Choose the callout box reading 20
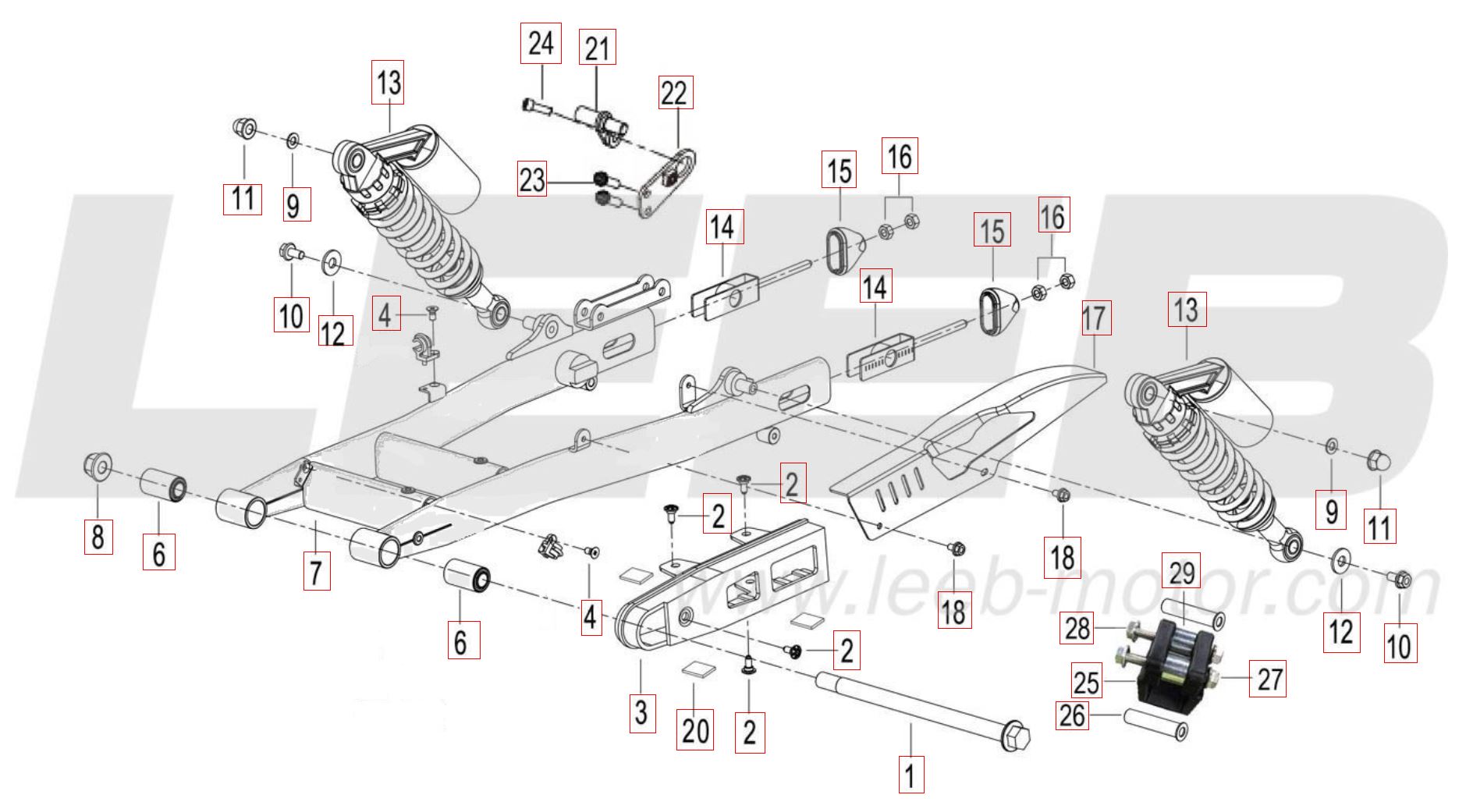pos(695,730)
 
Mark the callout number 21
pos(597,48)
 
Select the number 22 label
pos(674,94)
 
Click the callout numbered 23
pos(532,180)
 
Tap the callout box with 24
pos(541,44)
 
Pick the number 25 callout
pos(1086,682)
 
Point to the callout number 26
pos(1073,714)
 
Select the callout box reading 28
pos(1077,627)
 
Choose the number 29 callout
pos(1182,573)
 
